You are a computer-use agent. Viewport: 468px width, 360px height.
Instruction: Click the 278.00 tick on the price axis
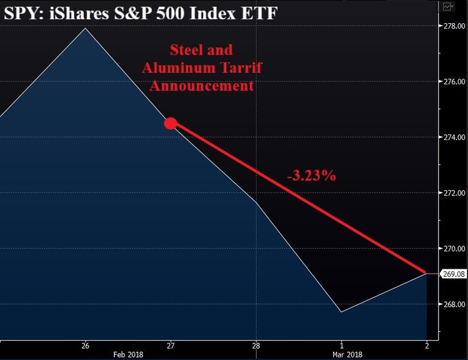pos(454,26)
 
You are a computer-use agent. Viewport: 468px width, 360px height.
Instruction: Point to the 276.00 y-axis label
pos(454,82)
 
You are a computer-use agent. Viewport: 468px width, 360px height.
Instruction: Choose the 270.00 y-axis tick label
pos(454,249)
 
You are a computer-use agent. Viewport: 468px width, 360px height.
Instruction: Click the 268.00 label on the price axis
pos(454,304)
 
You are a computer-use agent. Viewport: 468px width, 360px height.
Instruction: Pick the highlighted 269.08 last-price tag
pos(454,274)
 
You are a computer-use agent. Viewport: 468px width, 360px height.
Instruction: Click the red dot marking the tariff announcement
pos(171,124)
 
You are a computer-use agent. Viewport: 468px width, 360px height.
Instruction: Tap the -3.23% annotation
pos(311,176)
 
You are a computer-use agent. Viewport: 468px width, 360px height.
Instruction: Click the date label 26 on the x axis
pos(85,345)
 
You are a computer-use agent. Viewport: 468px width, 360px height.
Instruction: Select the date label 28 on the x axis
pos(256,345)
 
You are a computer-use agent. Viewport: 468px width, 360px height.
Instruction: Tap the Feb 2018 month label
pos(127,354)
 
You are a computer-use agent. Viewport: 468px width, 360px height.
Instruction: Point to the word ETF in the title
pos(259,12)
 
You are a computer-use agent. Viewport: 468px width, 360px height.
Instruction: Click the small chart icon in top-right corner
pos(447,6)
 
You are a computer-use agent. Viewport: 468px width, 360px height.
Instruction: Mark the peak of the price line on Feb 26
pos(86,28)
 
